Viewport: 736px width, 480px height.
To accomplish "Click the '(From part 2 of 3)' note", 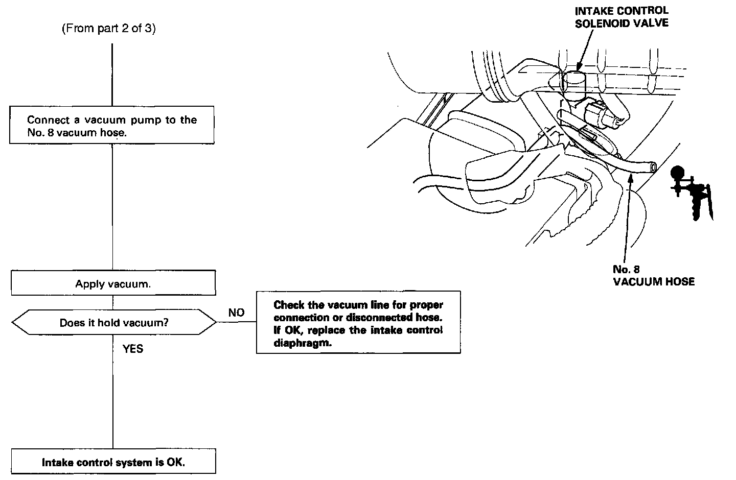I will pyautogui.click(x=108, y=29).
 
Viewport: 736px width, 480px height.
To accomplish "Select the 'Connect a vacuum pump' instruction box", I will pyautogui.click(x=111, y=125).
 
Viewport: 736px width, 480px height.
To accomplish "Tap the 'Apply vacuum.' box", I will pyautogui.click(x=113, y=284).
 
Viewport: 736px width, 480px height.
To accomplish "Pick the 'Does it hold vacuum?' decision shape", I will pyautogui.click(x=113, y=323).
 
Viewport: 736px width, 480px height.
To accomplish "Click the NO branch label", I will pyautogui.click(x=236, y=313).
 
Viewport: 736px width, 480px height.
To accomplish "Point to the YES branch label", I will pyautogui.click(x=132, y=349).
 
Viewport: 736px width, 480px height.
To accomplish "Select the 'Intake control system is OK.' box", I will pyautogui.click(x=113, y=462).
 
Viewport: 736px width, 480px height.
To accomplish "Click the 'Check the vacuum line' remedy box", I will pyautogui.click(x=358, y=323).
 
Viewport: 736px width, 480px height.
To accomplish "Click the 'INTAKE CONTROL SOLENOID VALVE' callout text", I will pyautogui.click(x=621, y=17).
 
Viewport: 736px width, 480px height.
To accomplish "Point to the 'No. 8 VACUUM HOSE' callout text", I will pyautogui.click(x=653, y=275).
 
